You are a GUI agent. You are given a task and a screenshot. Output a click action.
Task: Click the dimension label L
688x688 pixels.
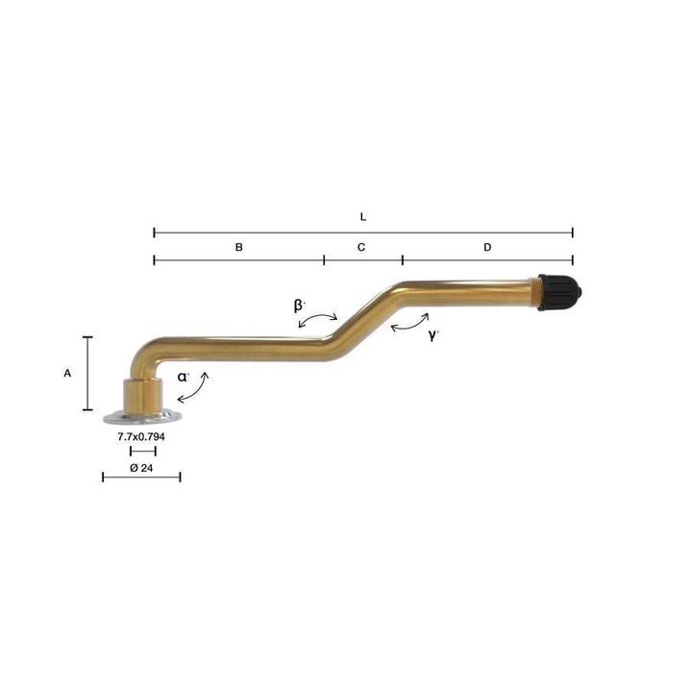[x=363, y=217]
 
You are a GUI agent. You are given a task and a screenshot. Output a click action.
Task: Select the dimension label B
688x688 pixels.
[x=239, y=248]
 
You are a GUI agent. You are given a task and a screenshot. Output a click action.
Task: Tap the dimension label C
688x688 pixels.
[x=361, y=248]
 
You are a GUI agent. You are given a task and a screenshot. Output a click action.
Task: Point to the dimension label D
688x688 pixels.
[x=487, y=248]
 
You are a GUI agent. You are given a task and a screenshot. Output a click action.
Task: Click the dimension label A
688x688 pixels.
[x=67, y=374]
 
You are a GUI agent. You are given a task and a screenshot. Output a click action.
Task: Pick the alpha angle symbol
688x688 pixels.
[x=183, y=377]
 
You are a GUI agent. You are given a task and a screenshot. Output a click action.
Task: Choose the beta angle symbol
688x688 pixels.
[x=299, y=306]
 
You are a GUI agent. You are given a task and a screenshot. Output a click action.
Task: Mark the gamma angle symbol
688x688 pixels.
[x=433, y=335]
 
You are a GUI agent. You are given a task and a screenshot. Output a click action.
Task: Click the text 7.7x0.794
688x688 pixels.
[x=141, y=436]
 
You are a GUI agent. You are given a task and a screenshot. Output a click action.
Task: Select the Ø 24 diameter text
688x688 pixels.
[x=141, y=468]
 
